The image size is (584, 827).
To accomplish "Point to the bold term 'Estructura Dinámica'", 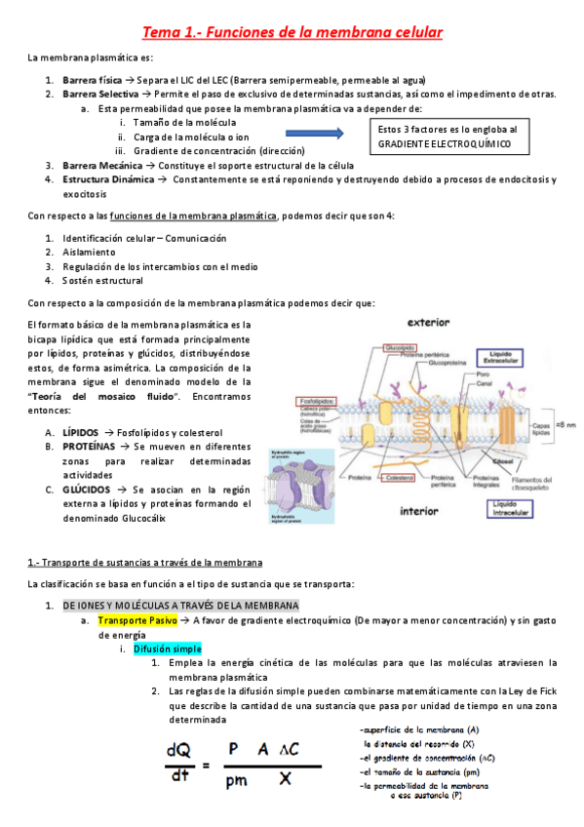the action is pos(107,179).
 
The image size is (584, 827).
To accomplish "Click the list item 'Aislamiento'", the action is pos(88,252).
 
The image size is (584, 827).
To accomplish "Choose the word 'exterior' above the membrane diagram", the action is pos(434,321).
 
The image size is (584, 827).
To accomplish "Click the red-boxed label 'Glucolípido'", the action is pos(401,347).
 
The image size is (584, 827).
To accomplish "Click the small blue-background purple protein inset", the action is pos(310,487).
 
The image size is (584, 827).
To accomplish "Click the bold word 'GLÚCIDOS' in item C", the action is pos(85,489).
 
